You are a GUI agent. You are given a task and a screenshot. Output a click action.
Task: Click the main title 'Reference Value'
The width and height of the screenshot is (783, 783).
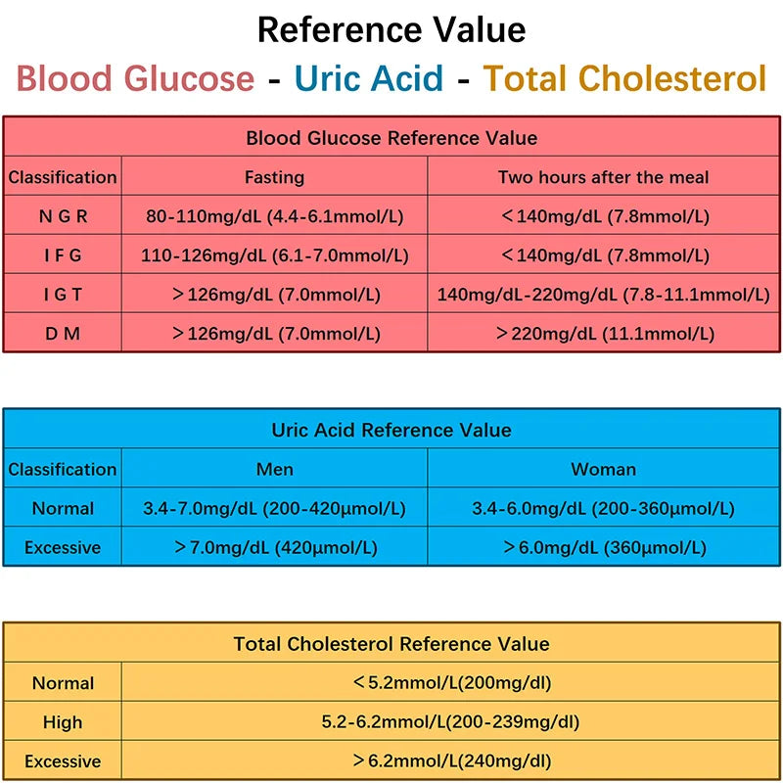391,29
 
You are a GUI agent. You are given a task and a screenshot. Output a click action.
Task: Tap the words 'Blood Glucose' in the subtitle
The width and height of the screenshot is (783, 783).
135,78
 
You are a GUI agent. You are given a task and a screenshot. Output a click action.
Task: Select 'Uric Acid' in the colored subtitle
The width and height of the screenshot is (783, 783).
368,78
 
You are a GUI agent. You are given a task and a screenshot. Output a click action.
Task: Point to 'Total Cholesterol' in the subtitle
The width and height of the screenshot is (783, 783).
624,78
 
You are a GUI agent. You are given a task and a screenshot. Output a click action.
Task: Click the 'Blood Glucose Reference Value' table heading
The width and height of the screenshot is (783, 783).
391,138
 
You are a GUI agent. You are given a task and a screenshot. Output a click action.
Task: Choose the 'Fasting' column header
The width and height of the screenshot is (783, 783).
274,177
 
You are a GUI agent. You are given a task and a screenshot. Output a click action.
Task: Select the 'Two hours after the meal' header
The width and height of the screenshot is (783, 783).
603,177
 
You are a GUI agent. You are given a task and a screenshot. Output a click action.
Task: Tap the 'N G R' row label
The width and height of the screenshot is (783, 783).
63,216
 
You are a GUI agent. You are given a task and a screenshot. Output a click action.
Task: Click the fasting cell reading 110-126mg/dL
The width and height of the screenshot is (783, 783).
274,255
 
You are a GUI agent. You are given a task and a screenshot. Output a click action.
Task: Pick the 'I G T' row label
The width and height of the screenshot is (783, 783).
63,295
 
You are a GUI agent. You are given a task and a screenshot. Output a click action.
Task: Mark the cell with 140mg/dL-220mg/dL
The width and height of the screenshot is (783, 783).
603,295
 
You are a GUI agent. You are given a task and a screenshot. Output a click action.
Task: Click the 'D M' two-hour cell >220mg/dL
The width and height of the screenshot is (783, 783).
603,334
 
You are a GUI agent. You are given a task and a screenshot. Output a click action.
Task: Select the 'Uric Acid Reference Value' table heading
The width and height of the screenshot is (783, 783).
391,430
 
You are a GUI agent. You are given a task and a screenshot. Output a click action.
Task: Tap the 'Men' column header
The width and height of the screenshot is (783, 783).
274,469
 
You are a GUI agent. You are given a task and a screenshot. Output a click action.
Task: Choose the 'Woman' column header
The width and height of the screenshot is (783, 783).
603,469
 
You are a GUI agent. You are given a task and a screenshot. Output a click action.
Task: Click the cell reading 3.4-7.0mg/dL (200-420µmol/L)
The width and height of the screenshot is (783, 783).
274,508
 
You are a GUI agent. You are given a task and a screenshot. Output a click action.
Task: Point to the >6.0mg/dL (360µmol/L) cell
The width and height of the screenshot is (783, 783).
603,547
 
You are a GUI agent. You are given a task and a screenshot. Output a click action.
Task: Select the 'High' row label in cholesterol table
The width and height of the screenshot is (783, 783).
63,722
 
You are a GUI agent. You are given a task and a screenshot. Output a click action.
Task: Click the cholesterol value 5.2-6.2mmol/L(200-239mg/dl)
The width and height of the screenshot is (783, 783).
450,722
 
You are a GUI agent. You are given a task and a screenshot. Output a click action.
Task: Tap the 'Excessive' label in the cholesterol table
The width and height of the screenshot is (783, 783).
63,761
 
